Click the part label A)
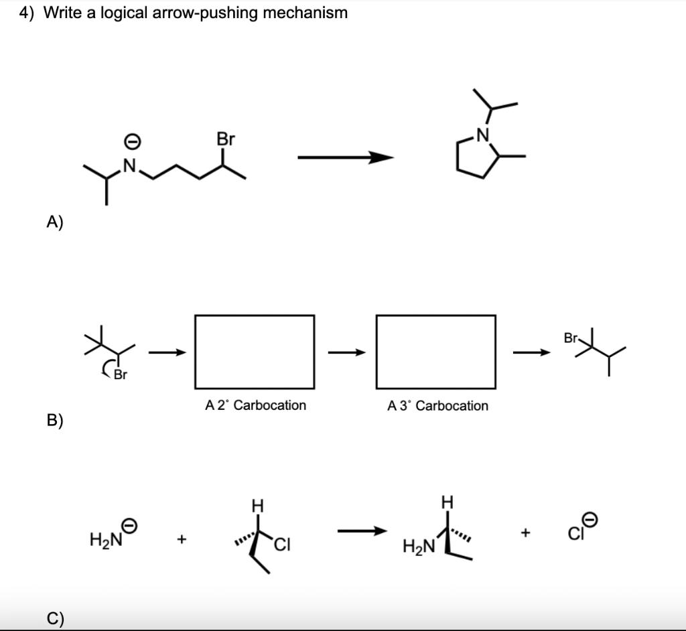[x=56, y=223]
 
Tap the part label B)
[x=56, y=420]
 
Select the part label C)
[x=56, y=618]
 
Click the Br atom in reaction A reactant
[x=226, y=139]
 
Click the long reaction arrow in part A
[x=345, y=157]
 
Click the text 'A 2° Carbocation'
[x=255, y=405]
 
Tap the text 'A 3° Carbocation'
[x=437, y=405]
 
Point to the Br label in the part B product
[x=571, y=338]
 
